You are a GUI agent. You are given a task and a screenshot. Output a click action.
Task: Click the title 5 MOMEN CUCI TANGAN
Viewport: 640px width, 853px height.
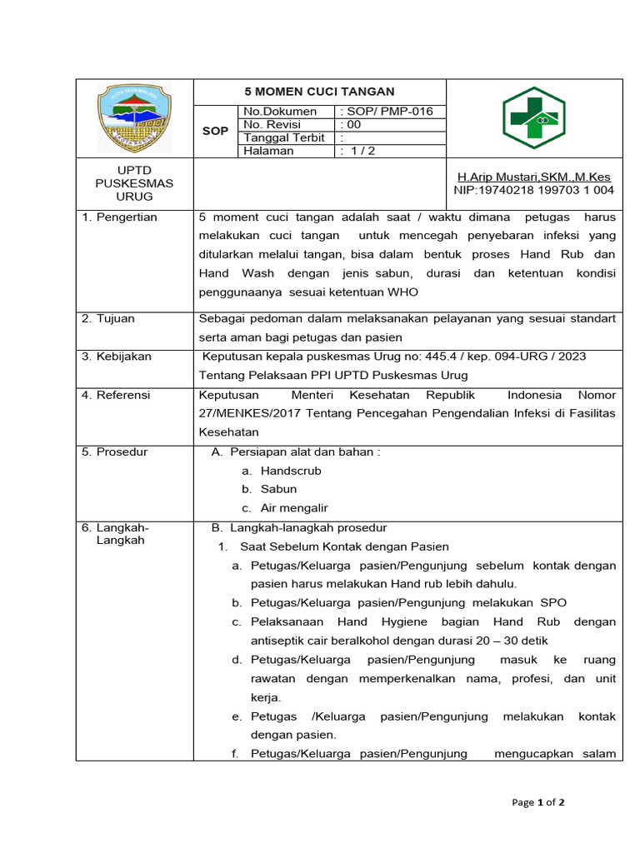[x=319, y=92]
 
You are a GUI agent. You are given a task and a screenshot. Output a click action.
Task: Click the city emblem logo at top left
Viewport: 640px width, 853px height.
[x=134, y=117]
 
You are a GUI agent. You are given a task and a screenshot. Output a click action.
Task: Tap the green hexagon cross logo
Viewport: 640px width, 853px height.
[x=533, y=117]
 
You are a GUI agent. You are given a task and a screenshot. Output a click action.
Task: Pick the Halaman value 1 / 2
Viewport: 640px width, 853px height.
[x=359, y=151]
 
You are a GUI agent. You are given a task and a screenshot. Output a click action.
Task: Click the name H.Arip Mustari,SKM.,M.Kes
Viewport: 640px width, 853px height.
[x=533, y=177]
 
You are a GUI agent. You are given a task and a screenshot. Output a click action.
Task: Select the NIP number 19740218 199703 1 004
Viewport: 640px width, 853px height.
[x=533, y=190]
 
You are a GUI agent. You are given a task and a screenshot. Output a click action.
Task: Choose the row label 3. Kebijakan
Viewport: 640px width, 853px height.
[x=117, y=357]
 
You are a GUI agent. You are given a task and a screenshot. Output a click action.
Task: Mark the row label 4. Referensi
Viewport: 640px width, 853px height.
[x=116, y=395]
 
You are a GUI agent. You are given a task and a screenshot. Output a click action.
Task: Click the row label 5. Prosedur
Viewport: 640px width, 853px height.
[x=114, y=451]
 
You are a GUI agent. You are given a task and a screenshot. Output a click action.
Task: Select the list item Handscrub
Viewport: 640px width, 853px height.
[x=291, y=471]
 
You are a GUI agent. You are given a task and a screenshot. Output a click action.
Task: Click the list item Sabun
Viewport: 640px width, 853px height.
[x=278, y=489]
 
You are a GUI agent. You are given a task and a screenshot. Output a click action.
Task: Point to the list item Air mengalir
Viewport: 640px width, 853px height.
[x=294, y=508]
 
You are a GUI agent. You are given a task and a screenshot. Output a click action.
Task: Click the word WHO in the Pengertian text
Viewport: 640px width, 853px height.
[x=402, y=292]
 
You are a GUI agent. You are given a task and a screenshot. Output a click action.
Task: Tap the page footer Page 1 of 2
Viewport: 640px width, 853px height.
[x=538, y=803]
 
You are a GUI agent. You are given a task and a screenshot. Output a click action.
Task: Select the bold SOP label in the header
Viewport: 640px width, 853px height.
[x=215, y=131]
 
